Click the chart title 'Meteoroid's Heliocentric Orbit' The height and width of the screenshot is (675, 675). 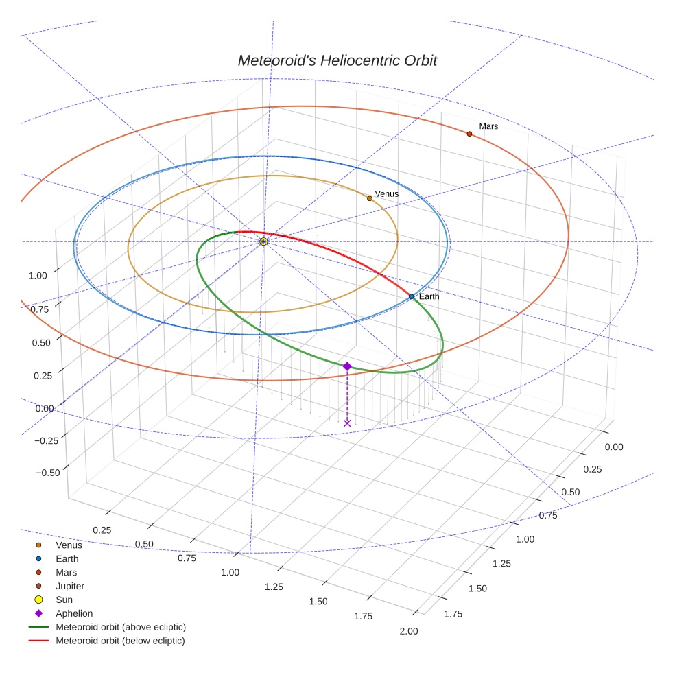[337, 60]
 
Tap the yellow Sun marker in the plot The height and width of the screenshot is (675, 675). [263, 241]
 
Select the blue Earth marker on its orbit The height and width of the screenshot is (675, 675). [412, 296]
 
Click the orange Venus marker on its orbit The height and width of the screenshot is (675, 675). [370, 198]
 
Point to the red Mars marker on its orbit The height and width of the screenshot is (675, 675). [469, 134]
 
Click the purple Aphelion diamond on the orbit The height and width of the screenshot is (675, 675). [347, 366]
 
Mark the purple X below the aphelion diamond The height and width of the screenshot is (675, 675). [347, 423]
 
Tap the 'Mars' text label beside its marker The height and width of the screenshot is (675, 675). [488, 126]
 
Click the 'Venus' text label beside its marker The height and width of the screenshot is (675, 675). [386, 194]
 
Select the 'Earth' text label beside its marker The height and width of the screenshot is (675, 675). [429, 296]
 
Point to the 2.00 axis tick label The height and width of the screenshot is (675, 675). [407, 631]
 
